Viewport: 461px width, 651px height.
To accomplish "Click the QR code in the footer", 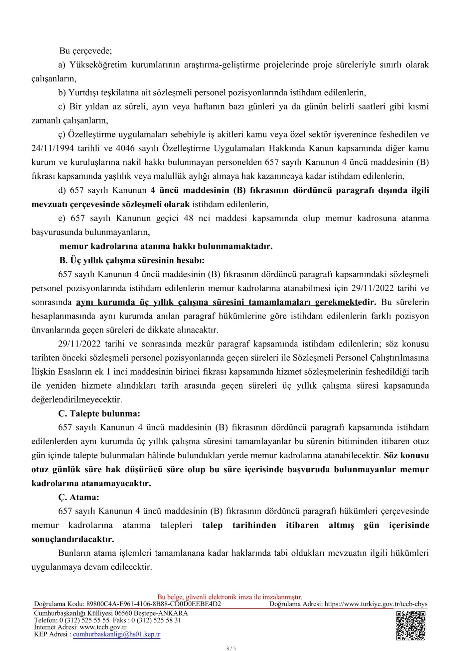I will (411, 625).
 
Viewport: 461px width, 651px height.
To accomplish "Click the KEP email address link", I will (116, 634).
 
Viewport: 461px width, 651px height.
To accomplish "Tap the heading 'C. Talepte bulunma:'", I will (99, 414).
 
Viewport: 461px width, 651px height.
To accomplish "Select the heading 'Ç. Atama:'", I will (79, 497).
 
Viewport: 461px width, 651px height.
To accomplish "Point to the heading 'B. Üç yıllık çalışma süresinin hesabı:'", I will (132, 260).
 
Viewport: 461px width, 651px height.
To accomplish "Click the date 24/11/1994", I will (52, 148).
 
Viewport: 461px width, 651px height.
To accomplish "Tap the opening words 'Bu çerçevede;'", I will (85, 51).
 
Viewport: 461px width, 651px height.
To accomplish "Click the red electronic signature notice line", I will (230, 597).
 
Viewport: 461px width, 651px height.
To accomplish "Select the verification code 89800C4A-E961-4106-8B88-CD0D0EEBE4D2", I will (153, 604).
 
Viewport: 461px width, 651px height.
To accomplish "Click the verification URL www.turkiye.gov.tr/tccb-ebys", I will (376, 604).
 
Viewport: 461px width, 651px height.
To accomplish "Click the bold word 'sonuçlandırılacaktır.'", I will (73, 539).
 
